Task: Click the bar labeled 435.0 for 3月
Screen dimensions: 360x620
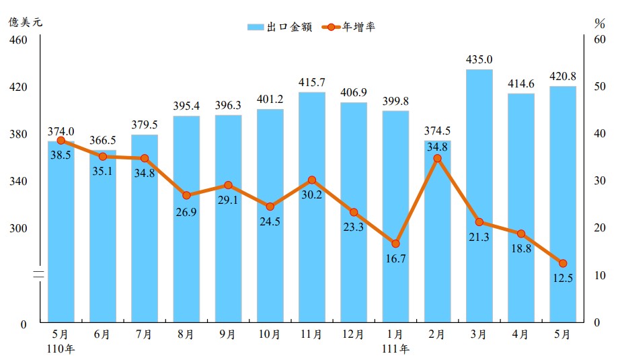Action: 479,195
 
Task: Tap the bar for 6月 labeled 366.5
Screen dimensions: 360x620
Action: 102,236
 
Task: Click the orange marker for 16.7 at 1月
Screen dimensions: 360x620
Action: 395,244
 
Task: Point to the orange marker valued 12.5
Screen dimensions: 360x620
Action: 563,263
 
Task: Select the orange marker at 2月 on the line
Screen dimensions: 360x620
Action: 437,159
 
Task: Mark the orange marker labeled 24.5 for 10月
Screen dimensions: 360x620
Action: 270,207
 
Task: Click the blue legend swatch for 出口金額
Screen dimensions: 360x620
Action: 256,27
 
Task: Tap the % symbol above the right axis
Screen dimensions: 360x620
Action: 600,23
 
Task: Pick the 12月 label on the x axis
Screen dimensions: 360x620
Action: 353,334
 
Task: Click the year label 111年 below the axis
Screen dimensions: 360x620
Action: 395,349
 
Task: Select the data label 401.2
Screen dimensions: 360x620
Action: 270,99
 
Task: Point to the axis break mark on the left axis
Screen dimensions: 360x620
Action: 40,274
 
